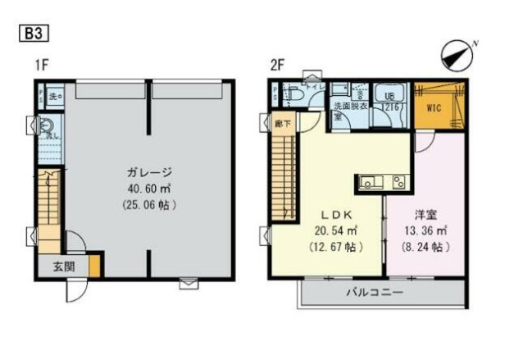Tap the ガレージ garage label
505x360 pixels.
click(x=148, y=172)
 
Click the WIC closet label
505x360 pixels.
click(x=434, y=107)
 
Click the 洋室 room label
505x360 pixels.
click(x=424, y=213)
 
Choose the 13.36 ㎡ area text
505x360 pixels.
click(x=424, y=230)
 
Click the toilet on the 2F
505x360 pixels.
click(x=300, y=99)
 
